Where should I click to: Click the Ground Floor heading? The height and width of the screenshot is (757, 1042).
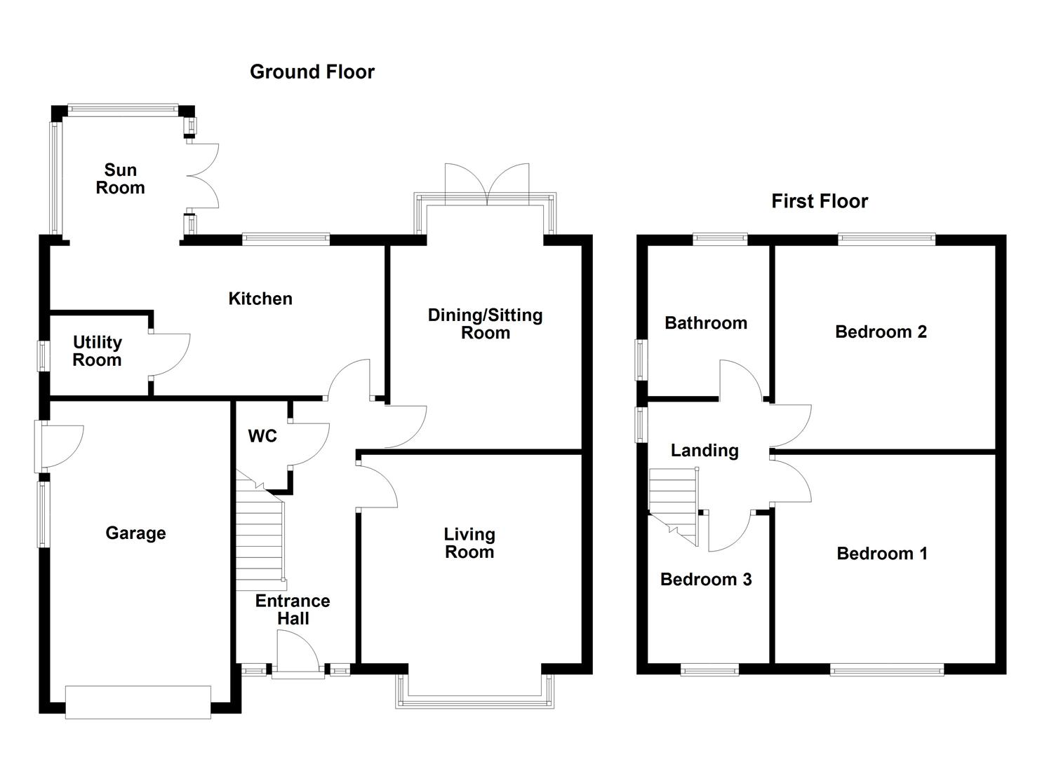312,71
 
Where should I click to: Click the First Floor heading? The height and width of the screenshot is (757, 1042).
819,201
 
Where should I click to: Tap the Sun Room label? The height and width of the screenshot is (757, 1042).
120,179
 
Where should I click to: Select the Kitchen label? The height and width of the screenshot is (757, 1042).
260,299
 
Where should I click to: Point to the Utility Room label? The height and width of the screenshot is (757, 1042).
97,351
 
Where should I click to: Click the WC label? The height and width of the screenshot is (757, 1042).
262,436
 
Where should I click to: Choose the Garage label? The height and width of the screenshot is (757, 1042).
135,533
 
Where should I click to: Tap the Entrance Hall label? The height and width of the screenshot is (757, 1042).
292,609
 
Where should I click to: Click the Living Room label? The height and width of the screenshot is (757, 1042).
469,543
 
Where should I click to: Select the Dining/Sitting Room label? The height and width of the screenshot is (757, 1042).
485,324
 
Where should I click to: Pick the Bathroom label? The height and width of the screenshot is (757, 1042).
705,323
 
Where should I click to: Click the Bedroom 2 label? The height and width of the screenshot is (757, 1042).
881,332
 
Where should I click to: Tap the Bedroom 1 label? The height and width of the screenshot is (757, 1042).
881,554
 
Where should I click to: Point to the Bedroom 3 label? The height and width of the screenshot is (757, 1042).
705,579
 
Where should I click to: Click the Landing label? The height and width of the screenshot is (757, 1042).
704,450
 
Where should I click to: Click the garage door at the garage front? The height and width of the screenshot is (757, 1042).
138,702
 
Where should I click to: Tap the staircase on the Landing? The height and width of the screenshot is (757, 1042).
674,501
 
